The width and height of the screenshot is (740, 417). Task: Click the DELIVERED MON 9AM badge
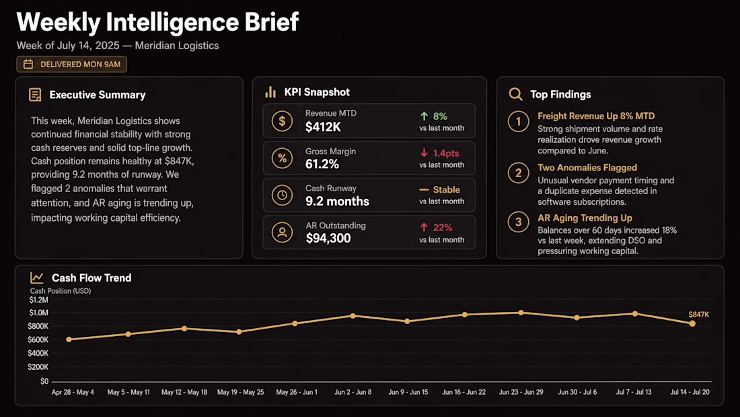pyautogui.click(x=72, y=64)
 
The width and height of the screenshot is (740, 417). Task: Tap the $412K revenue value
pyautogui.click(x=323, y=127)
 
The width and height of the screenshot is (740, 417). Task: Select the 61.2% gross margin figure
pyautogui.click(x=322, y=164)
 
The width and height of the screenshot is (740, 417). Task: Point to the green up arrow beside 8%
pyautogui.click(x=424, y=117)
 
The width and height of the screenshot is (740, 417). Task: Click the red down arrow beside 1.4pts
pyautogui.click(x=424, y=153)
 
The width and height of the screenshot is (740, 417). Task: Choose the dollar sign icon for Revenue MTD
pyautogui.click(x=282, y=121)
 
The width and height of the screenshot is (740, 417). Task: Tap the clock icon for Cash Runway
pyautogui.click(x=282, y=195)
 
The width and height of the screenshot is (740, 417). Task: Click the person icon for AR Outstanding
pyautogui.click(x=282, y=232)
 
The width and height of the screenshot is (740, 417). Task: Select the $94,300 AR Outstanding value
pyautogui.click(x=328, y=238)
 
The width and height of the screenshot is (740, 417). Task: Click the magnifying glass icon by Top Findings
pyautogui.click(x=515, y=94)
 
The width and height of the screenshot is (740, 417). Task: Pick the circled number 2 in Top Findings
pyautogui.click(x=518, y=173)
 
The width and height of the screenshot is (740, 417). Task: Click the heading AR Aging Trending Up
pyautogui.click(x=585, y=218)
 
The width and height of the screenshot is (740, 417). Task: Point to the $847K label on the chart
pyautogui.click(x=698, y=315)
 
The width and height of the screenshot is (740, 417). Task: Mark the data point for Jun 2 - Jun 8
pyautogui.click(x=353, y=316)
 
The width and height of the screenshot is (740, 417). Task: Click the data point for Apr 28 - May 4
pyautogui.click(x=69, y=340)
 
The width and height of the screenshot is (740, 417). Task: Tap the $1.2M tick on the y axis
pyautogui.click(x=39, y=300)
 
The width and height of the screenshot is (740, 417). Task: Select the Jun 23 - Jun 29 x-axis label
pyautogui.click(x=521, y=392)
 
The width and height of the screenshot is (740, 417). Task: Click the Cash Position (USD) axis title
pyautogui.click(x=61, y=291)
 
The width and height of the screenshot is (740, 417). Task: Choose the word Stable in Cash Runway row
pyautogui.click(x=447, y=189)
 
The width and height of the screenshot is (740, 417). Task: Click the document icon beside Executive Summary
pyautogui.click(x=35, y=94)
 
